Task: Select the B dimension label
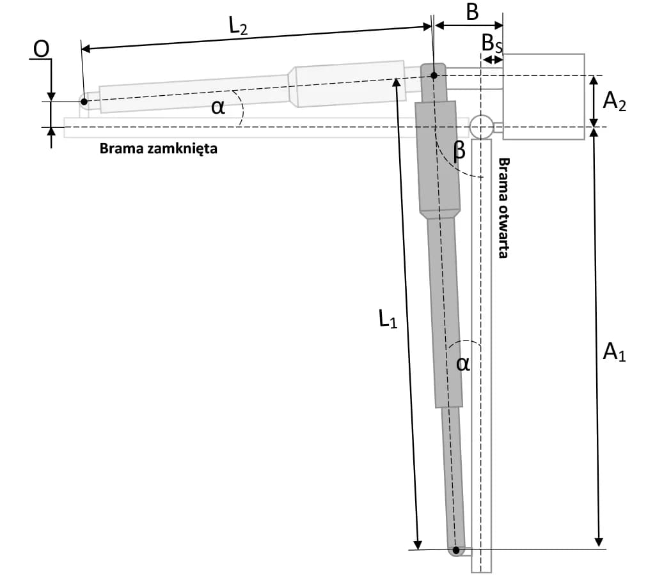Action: pyautogui.click(x=471, y=11)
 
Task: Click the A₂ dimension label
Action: pyautogui.click(x=613, y=102)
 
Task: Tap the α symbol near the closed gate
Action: pyautogui.click(x=218, y=107)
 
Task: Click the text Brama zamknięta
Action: pyautogui.click(x=159, y=149)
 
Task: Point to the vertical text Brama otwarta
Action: pyautogui.click(x=503, y=208)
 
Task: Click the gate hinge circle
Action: pyautogui.click(x=481, y=126)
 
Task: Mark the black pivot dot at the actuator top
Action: pyautogui.click(x=434, y=76)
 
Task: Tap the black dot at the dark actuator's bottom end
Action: pyautogui.click(x=456, y=549)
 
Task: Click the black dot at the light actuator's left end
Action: pyautogui.click(x=84, y=101)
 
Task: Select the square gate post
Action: pyautogui.click(x=543, y=96)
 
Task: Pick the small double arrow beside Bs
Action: pyautogui.click(x=492, y=59)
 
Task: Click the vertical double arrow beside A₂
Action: pyautogui.click(x=594, y=101)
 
